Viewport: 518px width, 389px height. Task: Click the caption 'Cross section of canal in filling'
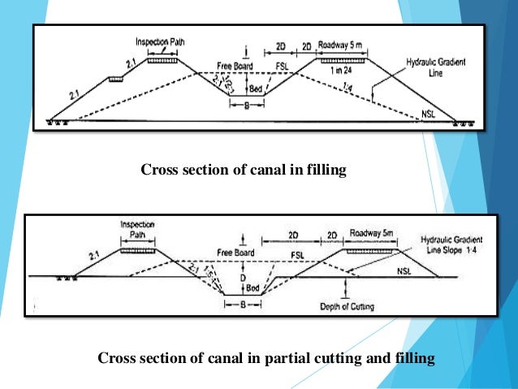244,170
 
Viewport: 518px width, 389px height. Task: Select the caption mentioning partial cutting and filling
266,357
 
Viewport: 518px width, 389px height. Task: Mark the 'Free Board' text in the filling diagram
234,65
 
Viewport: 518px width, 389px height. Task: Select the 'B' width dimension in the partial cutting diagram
243,306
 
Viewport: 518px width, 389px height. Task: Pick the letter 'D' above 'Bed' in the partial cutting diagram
243,275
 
